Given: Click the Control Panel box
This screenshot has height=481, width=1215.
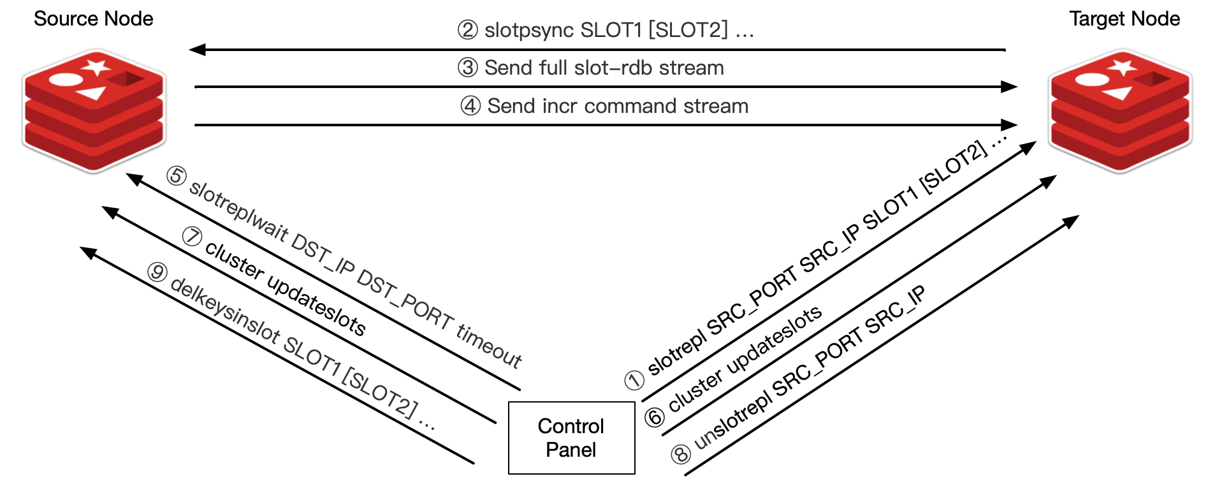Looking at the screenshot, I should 571,438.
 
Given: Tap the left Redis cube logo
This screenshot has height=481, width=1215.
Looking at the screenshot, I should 94,110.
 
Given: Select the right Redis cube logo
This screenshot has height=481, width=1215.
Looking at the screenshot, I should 1120,110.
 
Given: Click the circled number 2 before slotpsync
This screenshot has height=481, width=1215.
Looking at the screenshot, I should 468,30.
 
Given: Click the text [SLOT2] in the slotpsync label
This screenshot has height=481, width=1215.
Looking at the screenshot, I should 688,30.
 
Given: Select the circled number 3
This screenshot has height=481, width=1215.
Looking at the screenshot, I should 468,68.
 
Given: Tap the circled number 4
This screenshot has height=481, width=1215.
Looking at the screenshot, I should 470,106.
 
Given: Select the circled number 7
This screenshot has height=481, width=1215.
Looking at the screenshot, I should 192,236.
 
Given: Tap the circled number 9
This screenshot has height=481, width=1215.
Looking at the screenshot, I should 156,272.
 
